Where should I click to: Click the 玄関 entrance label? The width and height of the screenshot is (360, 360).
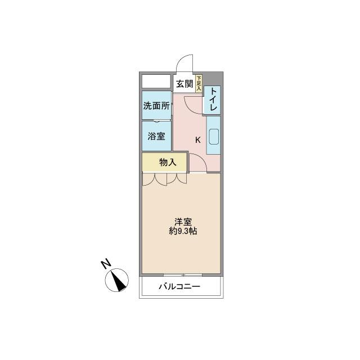pos(184,84)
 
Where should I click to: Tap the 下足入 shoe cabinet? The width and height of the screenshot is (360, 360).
pos(199,84)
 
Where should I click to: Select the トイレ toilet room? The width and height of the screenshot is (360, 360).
pos(212,100)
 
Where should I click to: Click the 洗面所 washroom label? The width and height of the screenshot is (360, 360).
pos(156,106)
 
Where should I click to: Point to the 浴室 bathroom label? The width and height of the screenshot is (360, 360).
pos(156,136)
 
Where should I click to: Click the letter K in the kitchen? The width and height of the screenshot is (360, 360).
pos(197,140)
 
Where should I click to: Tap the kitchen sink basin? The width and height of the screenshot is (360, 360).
pos(214,137)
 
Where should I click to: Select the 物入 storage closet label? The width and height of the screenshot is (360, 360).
pos(168,163)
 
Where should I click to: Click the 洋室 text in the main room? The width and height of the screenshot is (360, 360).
pos(183,222)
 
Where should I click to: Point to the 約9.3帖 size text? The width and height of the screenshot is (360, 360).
pos(183,231)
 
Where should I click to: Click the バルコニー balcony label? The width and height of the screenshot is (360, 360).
pos(179,286)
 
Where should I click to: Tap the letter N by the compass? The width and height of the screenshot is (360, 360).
pos(106,264)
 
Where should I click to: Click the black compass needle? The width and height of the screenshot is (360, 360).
pos(119,281)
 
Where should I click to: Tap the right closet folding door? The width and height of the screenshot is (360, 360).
pos(177,179)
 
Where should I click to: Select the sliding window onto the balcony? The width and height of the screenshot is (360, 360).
pos(183,274)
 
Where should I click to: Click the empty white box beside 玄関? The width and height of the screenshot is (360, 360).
pos(156,81)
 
